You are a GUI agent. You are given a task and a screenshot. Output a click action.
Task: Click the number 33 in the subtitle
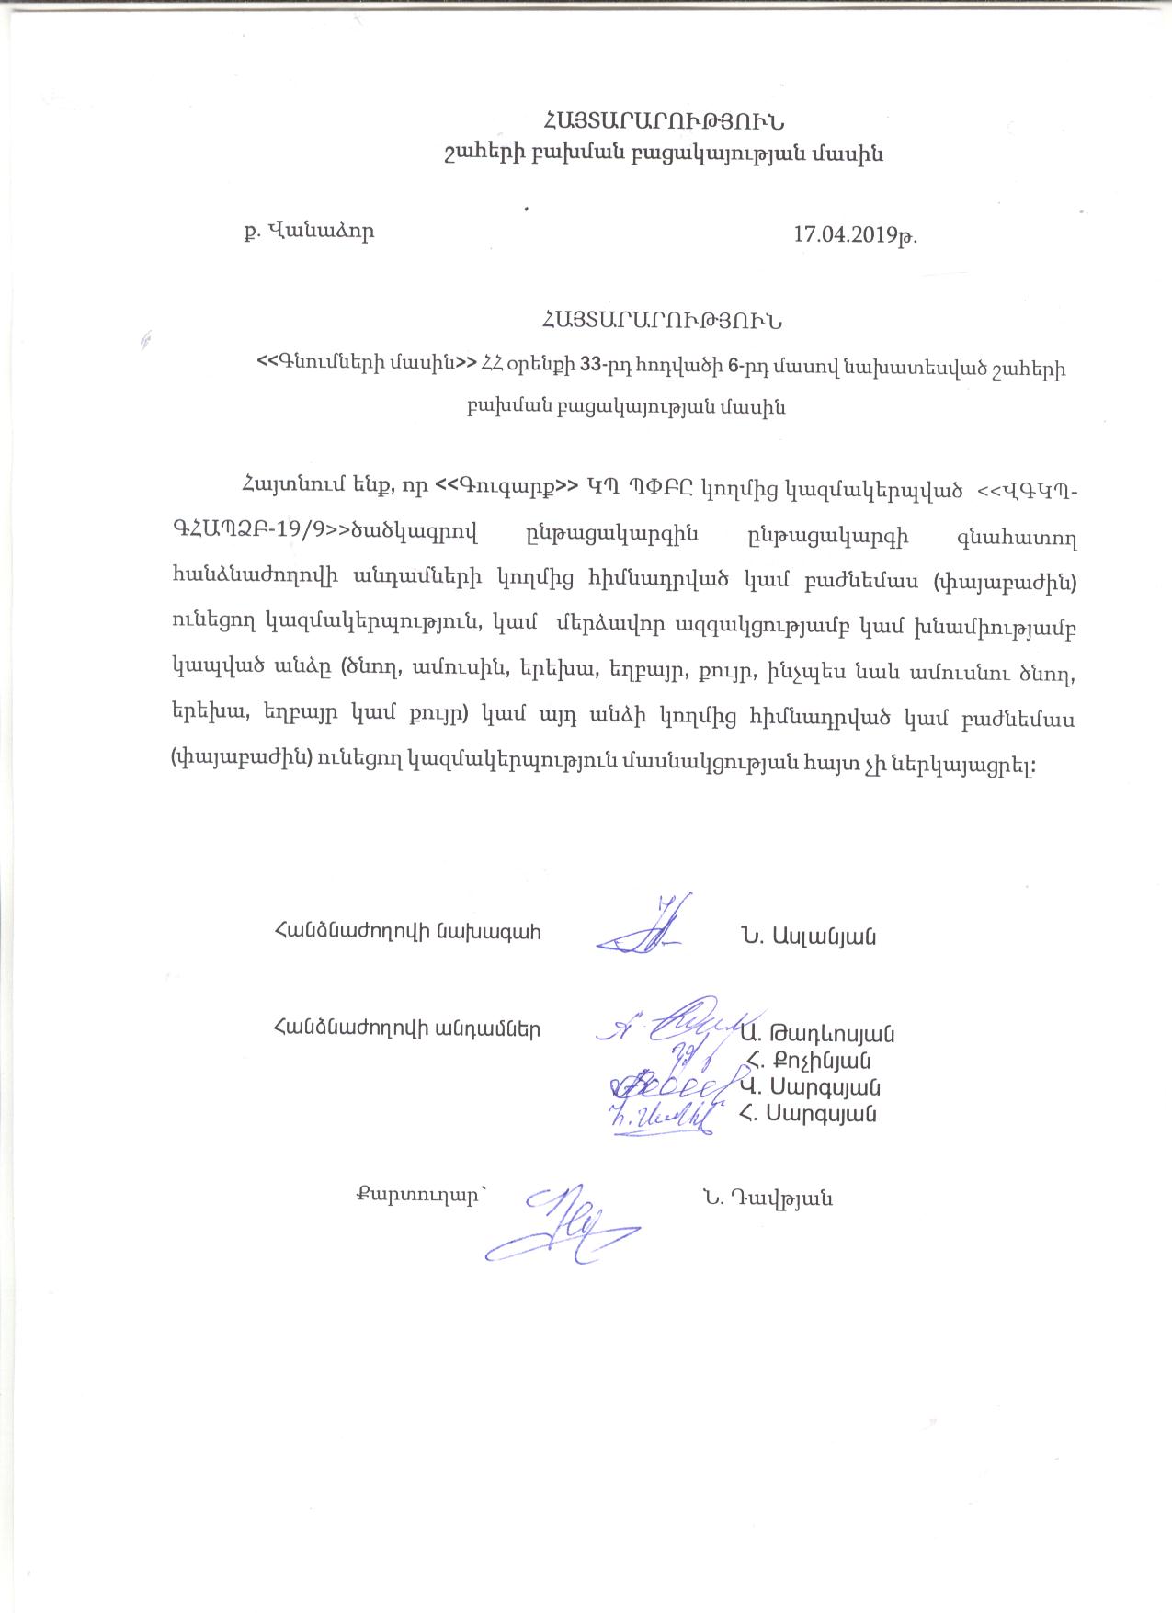click(x=591, y=365)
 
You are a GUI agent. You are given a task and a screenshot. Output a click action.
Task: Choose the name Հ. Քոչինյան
click(x=810, y=1061)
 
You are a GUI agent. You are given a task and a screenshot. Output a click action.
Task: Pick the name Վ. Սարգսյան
click(x=810, y=1087)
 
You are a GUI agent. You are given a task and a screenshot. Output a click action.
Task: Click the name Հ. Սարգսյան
click(x=808, y=1114)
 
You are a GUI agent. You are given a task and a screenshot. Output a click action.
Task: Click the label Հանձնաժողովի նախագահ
click(x=407, y=932)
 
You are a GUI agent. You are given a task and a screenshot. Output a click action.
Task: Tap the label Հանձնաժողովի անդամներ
click(x=407, y=1028)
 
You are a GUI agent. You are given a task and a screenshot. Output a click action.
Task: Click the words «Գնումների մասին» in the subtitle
click(x=368, y=365)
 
